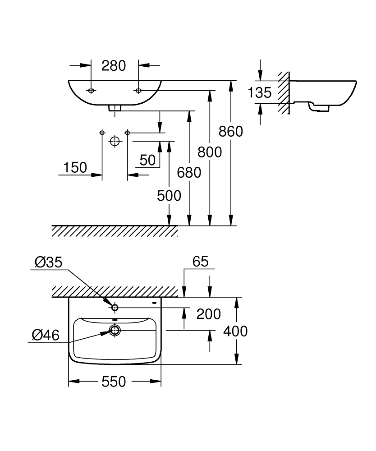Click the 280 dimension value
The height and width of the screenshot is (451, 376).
tap(113, 66)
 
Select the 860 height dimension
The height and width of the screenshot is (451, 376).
tap(230, 131)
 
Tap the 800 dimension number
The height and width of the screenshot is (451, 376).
tap(210, 152)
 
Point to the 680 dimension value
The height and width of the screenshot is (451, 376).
tap(189, 172)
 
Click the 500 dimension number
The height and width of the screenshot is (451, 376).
tap(169, 195)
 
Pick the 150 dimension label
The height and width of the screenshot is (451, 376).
tap(75, 168)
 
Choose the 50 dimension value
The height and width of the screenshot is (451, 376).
tap(147, 160)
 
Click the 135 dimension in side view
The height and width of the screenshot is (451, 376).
tap(260, 93)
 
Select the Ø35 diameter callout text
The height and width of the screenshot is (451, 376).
tap(47, 262)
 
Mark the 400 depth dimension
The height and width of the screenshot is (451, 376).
tap(236, 331)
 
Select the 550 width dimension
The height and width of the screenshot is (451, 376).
tap(113, 382)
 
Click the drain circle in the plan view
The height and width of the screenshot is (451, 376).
tap(115, 331)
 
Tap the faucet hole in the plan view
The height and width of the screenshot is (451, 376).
tap(115, 308)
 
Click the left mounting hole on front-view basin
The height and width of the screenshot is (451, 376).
tap(92, 91)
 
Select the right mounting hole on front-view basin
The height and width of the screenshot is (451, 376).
tap(138, 91)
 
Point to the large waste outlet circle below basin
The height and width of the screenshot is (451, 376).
tap(115, 142)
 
